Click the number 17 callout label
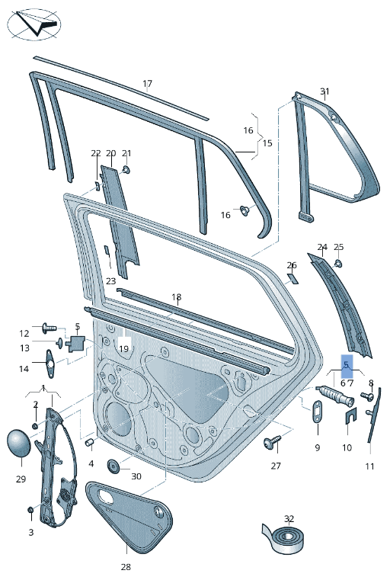pos(147,84)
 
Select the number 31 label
pos(324,92)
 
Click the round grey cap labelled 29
pos(20,444)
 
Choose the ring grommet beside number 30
pos(114,465)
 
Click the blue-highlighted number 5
pos(347,365)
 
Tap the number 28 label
pos(126,567)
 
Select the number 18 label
pos(176,297)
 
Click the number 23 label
pos(110,281)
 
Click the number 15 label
pos(267,143)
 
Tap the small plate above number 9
pos(316,412)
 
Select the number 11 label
pos(369,466)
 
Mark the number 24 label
pos(322,248)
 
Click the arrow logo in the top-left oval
pos(34,24)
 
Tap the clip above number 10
pos(350,415)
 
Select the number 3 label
pos(30,532)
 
